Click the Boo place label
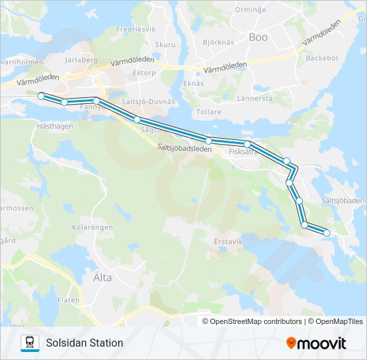click(258, 38)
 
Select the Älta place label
click(98, 277)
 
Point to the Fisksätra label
click(244, 152)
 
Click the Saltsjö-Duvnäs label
click(148, 102)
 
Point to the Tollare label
click(208, 111)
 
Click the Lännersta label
click(255, 98)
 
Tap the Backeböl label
click(322, 58)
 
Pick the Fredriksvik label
click(135, 30)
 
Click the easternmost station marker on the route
click(326, 232)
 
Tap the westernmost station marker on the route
click(41, 96)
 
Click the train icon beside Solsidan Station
click(30, 343)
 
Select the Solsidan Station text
click(85, 343)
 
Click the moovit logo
click(316, 343)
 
